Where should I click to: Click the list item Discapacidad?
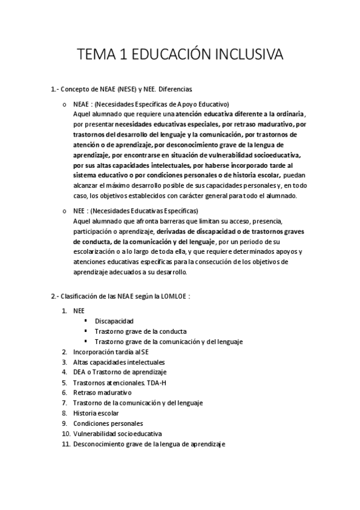click(x=114, y=321)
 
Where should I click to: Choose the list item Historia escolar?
click(x=96, y=413)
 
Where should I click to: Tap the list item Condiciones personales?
click(x=104, y=423)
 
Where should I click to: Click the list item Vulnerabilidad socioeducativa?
click(x=117, y=433)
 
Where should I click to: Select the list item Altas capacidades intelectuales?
click(x=119, y=361)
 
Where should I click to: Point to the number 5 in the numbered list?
click(x=64, y=382)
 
